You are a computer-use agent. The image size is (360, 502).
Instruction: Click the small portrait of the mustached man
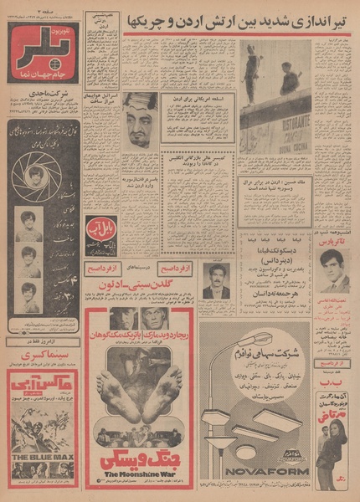[x=216, y=280]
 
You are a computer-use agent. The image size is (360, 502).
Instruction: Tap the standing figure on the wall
[x=252, y=70]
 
